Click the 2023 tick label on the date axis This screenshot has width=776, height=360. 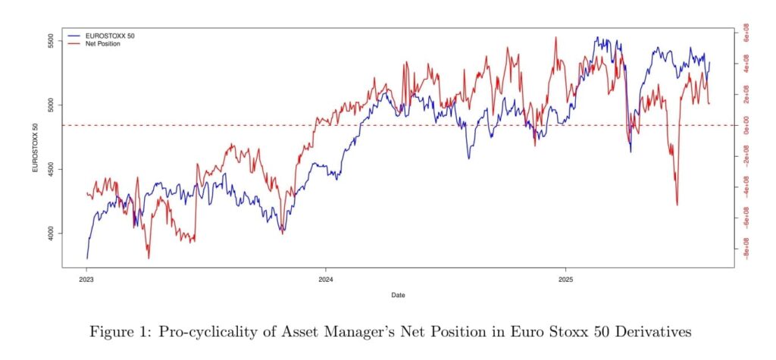click(x=86, y=278)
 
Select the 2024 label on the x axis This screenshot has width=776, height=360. click(x=325, y=278)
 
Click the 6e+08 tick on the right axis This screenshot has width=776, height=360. click(x=746, y=35)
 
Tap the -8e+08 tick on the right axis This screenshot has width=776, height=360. click(x=746, y=251)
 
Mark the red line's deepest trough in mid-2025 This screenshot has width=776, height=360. click(x=677, y=205)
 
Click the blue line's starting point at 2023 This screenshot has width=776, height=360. click(x=86, y=258)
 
